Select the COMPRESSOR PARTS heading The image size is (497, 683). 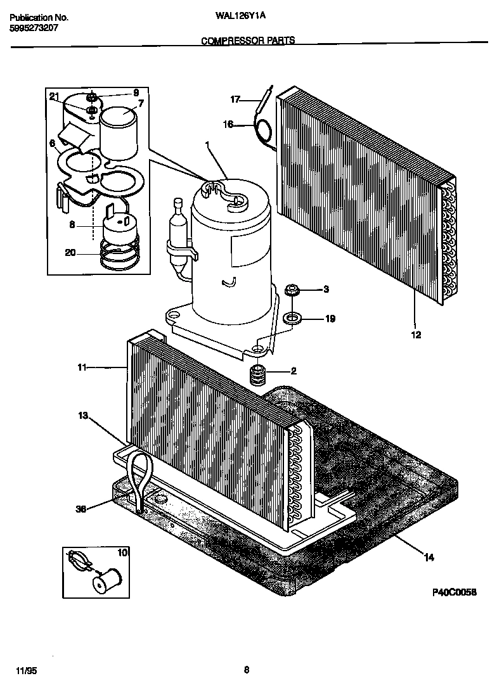pyautogui.click(x=248, y=41)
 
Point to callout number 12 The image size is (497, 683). pyautogui.click(x=416, y=335)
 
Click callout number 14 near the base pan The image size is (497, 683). pyautogui.click(x=429, y=558)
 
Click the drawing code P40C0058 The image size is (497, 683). pyautogui.click(x=454, y=592)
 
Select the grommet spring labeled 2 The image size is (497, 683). pyautogui.click(x=257, y=376)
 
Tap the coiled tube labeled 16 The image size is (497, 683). pyautogui.click(x=262, y=130)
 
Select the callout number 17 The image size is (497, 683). pyautogui.click(x=235, y=99)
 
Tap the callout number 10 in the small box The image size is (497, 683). pyautogui.click(x=122, y=553)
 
